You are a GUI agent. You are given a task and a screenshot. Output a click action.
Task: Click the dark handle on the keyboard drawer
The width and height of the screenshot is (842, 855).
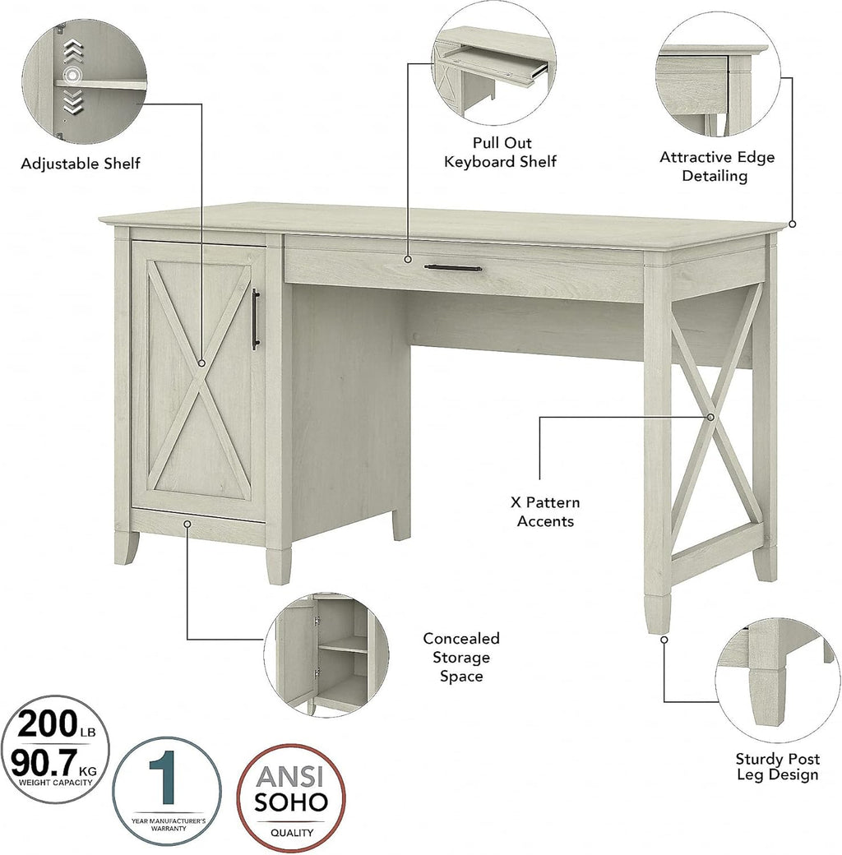(452, 268)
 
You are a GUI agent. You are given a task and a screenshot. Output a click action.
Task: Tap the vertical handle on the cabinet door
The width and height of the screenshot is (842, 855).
(255, 319)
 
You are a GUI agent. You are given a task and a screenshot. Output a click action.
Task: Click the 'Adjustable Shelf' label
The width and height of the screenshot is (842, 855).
(81, 164)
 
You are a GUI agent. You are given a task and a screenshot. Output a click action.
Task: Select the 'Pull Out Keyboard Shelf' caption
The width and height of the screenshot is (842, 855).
(501, 152)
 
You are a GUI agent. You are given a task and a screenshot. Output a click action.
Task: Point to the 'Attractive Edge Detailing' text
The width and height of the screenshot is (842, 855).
(716, 166)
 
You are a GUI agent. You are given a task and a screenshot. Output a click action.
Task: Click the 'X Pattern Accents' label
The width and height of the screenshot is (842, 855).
(545, 511)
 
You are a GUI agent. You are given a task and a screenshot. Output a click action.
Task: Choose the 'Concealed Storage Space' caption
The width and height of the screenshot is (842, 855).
(461, 657)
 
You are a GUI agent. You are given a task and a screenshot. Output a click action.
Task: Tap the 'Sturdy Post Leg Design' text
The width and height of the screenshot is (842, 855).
(778, 766)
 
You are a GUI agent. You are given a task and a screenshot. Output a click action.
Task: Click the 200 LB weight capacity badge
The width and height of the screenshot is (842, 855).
(55, 749)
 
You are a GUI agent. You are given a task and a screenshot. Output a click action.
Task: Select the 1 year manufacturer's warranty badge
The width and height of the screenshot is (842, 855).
(168, 791)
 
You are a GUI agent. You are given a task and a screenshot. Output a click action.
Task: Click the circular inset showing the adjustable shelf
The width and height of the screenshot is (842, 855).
(85, 81)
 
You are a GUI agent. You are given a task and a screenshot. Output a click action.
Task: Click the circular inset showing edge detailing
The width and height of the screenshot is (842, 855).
(718, 74)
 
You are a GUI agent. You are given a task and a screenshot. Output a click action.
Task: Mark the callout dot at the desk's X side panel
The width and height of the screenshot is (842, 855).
(710, 417)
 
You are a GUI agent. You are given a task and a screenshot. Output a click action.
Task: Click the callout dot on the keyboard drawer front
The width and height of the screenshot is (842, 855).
(407, 260)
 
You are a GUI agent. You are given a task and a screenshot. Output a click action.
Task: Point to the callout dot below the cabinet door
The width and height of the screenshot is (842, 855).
(187, 524)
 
